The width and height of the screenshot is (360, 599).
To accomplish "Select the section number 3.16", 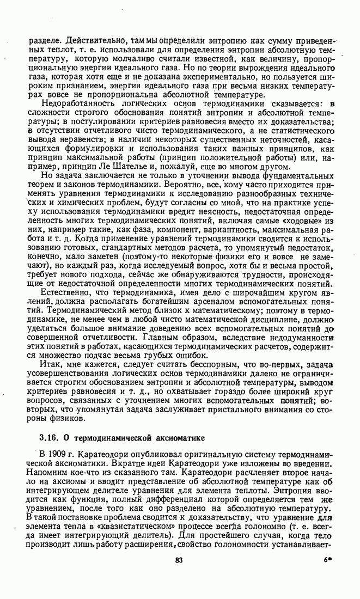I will [49, 438].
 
